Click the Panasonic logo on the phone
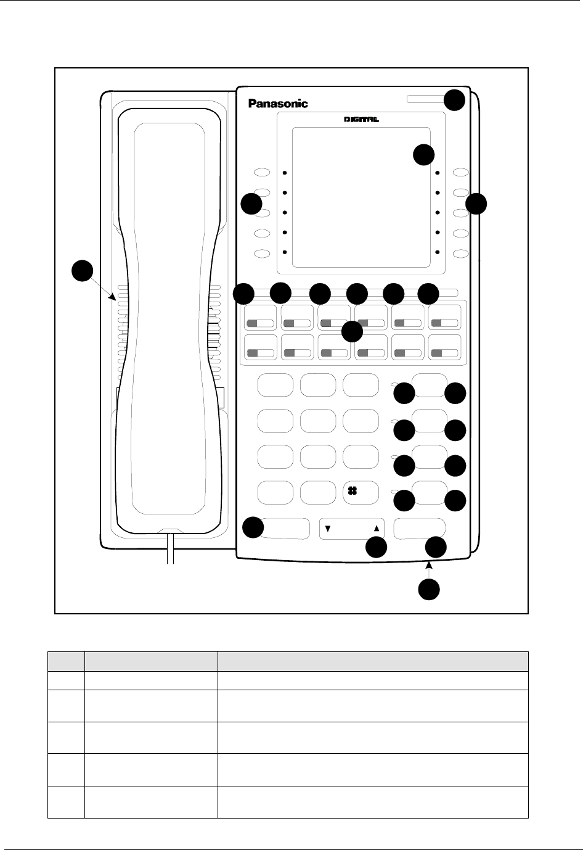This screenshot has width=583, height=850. pos(278,104)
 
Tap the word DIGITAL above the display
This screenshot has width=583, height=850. pos(361,120)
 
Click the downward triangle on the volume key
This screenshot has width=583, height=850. pos(328,528)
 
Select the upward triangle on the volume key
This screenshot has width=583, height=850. pos(377,528)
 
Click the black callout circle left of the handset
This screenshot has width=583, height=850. pos(82,271)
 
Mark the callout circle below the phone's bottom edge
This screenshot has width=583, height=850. pos(429,589)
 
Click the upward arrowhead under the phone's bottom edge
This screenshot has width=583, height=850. pos(429,565)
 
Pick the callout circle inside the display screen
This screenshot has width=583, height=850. pos(423,155)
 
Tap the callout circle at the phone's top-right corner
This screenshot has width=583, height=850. pos(454,100)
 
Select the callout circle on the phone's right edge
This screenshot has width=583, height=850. pos(476,204)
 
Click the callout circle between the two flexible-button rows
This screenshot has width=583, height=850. pos(352,332)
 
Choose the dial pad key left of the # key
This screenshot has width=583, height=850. pos(318,493)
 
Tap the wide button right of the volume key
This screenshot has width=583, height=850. pos(419,529)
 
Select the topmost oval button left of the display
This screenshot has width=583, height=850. pos(262,173)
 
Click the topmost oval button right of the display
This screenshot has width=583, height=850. pos(461,173)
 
